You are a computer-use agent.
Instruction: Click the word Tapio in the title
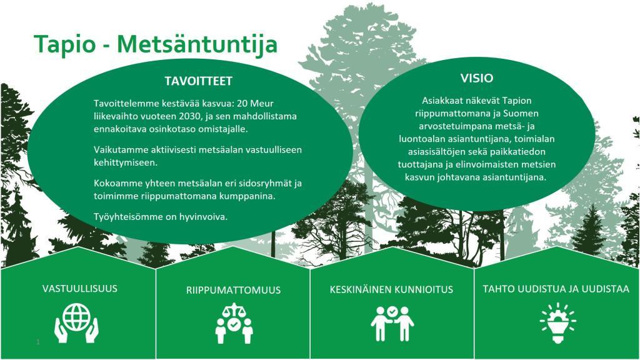pyautogui.click(x=64, y=44)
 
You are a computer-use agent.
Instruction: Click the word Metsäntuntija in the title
pyautogui.click(x=197, y=44)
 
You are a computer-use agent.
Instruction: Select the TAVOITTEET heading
pyautogui.click(x=198, y=81)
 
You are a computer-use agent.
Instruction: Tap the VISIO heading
pyautogui.click(x=477, y=78)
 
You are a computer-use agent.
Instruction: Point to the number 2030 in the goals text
pyautogui.click(x=190, y=116)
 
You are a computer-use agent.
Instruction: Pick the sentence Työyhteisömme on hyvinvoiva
pyautogui.click(x=161, y=217)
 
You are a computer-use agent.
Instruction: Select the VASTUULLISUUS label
pyautogui.click(x=79, y=289)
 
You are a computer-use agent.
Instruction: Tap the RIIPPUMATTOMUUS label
pyautogui.click(x=234, y=290)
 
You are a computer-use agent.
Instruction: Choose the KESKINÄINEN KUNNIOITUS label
pyautogui.click(x=391, y=289)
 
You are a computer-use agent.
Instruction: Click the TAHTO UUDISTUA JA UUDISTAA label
pyautogui.click(x=556, y=289)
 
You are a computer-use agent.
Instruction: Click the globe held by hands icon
pyautogui.click(x=76, y=322)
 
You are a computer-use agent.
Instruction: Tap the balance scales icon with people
pyautogui.click(x=234, y=323)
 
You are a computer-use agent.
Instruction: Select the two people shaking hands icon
pyautogui.click(x=392, y=323)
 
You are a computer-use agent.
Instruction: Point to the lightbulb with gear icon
pyautogui.click(x=558, y=322)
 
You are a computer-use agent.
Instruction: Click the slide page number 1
pyautogui.click(x=38, y=342)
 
